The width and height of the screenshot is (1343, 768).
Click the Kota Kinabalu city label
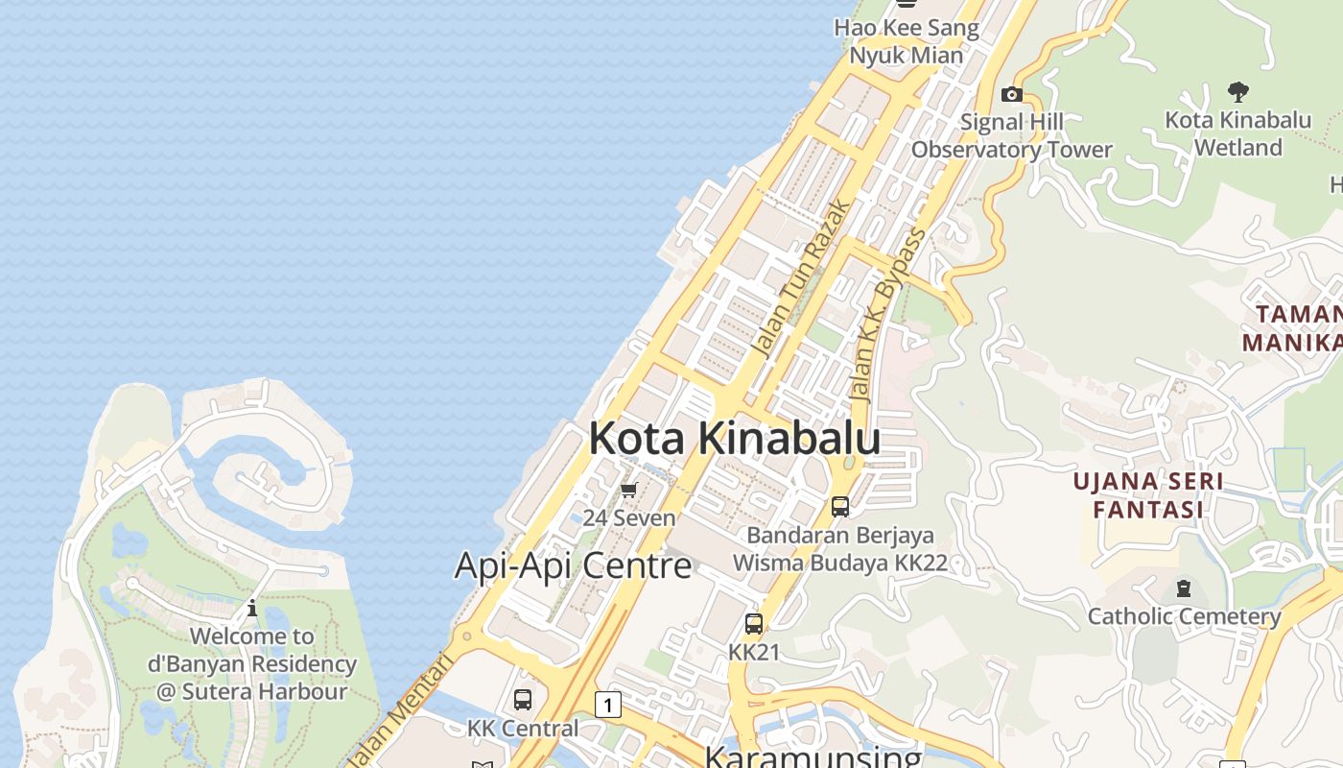pos(734,438)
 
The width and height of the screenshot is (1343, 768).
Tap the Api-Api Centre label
pos(573,565)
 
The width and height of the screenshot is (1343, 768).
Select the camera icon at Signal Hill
pos(1011,94)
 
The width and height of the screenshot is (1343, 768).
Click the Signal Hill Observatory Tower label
pos(1012,135)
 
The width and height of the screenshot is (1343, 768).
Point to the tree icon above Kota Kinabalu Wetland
pos(1237,92)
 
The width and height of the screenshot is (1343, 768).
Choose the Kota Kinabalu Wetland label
pos(1237,133)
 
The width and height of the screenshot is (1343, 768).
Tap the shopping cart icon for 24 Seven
pos(629,491)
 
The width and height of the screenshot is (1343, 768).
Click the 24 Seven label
pos(629,517)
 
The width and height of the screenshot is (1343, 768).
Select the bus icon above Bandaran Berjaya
pos(840,506)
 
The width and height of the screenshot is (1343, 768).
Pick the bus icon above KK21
pos(754,624)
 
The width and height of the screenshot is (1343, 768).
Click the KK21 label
pos(754,652)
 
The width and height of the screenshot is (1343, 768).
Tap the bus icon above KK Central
pos(523,700)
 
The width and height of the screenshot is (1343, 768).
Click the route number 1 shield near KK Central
pos(607,706)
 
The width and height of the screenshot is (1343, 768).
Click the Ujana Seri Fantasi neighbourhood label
pos(1148,494)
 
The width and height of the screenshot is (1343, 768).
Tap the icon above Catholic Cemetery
pos(1184,588)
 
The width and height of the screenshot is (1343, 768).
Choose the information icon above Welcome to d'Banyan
pos(252,608)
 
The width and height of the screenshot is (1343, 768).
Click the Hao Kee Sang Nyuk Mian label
pos(907,41)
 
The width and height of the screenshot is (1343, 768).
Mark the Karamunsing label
pos(813,756)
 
